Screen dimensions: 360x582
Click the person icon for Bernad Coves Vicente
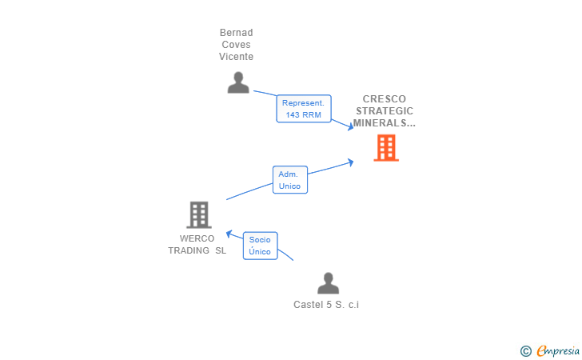(x=238, y=82)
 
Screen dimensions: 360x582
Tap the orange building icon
(x=386, y=148)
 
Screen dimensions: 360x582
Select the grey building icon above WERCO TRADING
(x=198, y=214)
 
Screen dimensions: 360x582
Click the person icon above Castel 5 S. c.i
(x=328, y=283)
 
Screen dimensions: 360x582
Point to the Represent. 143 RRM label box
(x=304, y=109)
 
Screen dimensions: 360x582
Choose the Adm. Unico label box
(x=289, y=180)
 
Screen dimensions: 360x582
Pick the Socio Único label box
(x=260, y=246)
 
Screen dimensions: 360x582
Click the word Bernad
(x=236, y=33)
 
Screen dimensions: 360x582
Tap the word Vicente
(x=236, y=57)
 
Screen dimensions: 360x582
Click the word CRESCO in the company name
(x=384, y=99)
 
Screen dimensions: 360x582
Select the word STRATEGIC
(x=385, y=111)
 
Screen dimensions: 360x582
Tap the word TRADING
(x=189, y=250)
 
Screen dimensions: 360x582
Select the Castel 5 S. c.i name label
(x=326, y=305)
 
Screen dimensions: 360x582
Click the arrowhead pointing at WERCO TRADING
(x=228, y=234)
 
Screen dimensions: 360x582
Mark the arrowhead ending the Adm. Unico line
(x=349, y=162)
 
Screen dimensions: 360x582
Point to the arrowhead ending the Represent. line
(x=349, y=126)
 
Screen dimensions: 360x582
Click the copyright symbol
(x=525, y=350)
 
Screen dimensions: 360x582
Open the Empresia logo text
(x=558, y=350)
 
